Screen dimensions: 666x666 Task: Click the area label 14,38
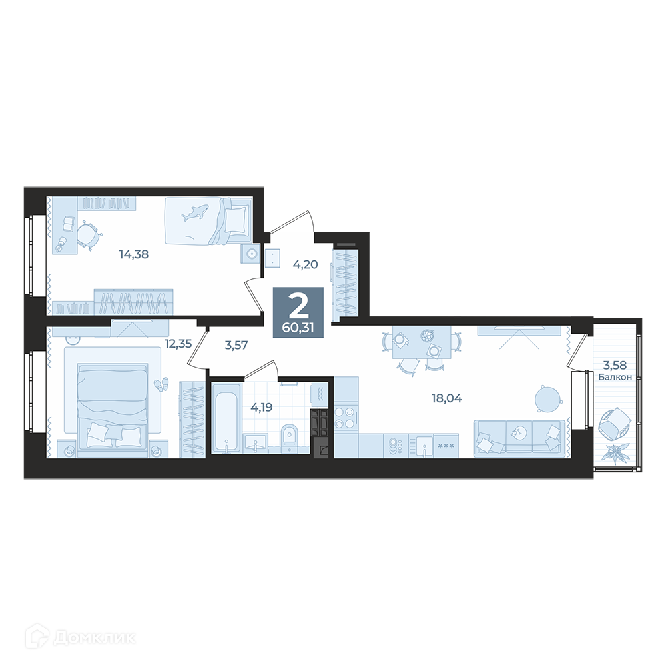click(x=134, y=255)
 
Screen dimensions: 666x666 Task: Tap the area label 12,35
click(x=178, y=344)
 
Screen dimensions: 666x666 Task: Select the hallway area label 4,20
click(x=306, y=264)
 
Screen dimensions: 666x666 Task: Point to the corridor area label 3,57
click(x=236, y=345)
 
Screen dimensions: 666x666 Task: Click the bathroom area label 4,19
click(x=262, y=408)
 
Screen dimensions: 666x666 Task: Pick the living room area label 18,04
click(x=446, y=398)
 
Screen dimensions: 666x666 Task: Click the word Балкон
click(x=615, y=377)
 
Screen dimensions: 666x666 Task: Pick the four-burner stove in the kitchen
click(x=344, y=418)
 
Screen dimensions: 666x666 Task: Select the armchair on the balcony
click(x=614, y=424)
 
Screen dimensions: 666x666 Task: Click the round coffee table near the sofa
click(x=549, y=398)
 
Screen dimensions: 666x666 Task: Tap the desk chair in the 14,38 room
click(x=89, y=235)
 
